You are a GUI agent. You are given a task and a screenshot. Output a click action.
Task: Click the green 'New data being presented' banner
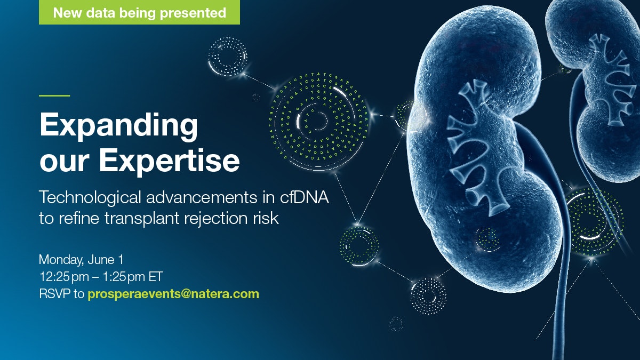(x=139, y=12)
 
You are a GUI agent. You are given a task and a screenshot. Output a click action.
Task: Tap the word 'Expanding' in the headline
(x=118, y=126)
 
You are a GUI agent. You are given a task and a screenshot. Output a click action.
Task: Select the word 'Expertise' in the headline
(x=169, y=161)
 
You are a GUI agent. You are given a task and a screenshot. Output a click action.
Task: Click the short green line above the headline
(x=54, y=95)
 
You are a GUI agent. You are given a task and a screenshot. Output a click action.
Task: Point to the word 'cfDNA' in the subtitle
(x=305, y=197)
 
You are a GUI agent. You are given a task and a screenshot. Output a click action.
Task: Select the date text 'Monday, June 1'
(x=81, y=260)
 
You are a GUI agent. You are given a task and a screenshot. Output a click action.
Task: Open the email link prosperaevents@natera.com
(x=173, y=294)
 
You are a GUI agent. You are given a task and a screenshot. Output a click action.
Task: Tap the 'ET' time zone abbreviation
(x=155, y=277)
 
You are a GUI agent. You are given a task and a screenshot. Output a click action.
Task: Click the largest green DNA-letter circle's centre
(x=318, y=121)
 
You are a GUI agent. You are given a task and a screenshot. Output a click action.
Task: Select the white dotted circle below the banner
(x=228, y=57)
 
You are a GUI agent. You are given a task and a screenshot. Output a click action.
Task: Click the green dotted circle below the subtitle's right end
(x=359, y=246)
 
